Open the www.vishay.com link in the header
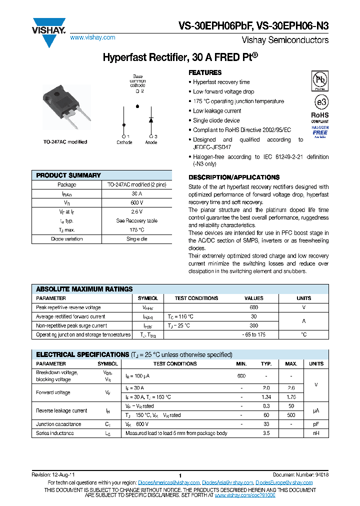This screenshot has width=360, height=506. point(92,37)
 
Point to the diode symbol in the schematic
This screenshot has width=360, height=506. point(150,120)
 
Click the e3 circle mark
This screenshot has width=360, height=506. point(320,102)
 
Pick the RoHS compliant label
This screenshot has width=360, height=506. point(320,116)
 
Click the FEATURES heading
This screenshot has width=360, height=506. point(205,72)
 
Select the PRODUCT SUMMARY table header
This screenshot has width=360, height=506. point(68,175)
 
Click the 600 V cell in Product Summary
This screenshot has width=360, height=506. point(137,202)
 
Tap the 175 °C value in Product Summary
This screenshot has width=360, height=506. point(137,230)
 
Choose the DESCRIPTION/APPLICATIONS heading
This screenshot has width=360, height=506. point(233,177)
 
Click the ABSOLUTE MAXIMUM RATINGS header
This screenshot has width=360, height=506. point(84,289)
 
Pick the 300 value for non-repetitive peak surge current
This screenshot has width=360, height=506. point(254,325)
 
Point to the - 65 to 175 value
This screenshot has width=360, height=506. point(254,334)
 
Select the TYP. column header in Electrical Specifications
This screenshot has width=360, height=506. point(266,363)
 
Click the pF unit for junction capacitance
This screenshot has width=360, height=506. point(316,424)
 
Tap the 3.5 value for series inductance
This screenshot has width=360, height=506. point(266,433)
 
